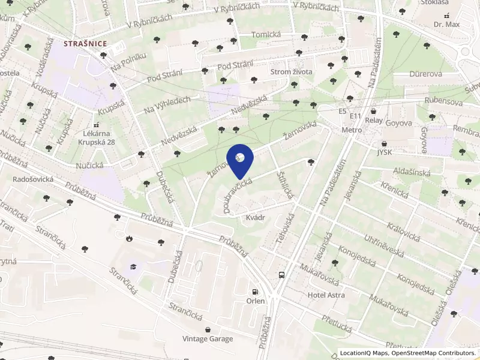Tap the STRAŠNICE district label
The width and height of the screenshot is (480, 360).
click(x=85, y=43)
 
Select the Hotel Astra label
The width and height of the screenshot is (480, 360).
click(x=326, y=295)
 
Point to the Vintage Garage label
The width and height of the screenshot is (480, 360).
click(x=208, y=339)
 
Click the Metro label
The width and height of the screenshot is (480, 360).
click(x=352, y=130)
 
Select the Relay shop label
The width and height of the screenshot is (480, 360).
click(x=374, y=120)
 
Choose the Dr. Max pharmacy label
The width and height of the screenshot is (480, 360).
click(x=446, y=25)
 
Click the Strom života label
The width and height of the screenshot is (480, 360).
click(x=292, y=72)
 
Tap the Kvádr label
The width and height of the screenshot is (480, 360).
click(x=256, y=220)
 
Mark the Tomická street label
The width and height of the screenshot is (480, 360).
click(x=266, y=35)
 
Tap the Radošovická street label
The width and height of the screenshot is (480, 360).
click(x=34, y=179)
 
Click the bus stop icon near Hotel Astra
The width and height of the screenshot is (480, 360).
click(x=281, y=275)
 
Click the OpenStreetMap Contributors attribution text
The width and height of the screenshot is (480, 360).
click(x=434, y=353)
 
